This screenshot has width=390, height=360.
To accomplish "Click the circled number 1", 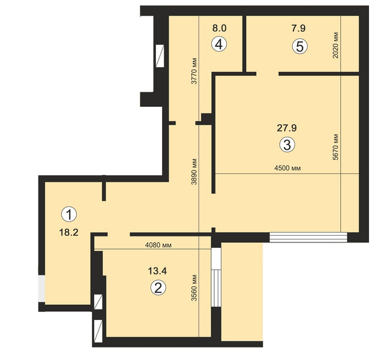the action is (x=69, y=214).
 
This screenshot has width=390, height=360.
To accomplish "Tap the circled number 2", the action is (x=158, y=288).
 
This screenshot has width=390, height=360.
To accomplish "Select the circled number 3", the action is (x=287, y=145).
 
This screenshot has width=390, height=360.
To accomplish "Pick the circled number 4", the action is (x=219, y=44).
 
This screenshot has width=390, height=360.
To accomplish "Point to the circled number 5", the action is (x=300, y=46).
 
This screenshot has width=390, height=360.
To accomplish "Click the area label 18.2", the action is (x=68, y=233).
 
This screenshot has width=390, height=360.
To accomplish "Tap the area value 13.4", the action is (x=157, y=271).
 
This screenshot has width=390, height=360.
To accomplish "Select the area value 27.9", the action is (x=287, y=128).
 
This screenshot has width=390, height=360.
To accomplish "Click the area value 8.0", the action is (x=220, y=28).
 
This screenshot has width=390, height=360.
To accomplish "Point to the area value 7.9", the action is (x=298, y=28).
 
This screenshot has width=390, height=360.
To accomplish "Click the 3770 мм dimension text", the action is (x=194, y=71).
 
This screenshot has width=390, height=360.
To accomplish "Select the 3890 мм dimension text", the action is (x=194, y=172).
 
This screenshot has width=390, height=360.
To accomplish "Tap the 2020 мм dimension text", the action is (x=335, y=45).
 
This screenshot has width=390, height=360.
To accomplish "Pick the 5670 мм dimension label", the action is (x=335, y=147).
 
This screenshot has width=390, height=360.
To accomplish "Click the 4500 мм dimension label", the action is (x=287, y=168).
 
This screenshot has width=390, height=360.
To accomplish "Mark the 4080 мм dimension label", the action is (x=158, y=245).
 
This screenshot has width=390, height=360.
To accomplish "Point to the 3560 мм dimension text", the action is (x=194, y=288).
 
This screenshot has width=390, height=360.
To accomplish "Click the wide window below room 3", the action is (x=308, y=237).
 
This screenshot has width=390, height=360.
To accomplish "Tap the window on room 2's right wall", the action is (x=216, y=277).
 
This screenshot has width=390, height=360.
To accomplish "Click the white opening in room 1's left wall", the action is (x=42, y=289).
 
